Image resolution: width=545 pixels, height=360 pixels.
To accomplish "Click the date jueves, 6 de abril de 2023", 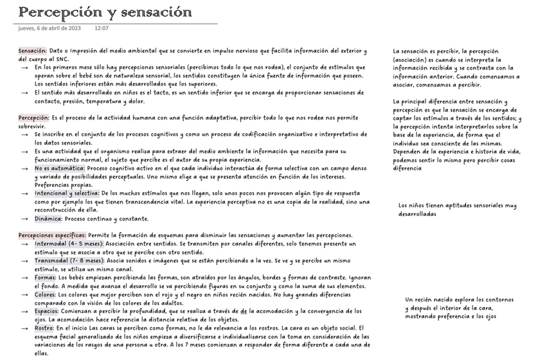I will pyautogui.click(x=49, y=28).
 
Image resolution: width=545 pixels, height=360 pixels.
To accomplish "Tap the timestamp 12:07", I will pyautogui.click(x=102, y=28).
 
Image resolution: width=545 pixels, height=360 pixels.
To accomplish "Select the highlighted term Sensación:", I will pyautogui.click(x=32, y=51).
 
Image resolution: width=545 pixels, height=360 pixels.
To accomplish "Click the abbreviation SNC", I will pyautogui.click(x=62, y=59).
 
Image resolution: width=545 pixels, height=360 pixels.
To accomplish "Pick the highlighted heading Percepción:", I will pyautogui.click(x=33, y=118).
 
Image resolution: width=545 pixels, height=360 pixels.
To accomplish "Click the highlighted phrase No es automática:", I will pyautogui.click(x=60, y=168).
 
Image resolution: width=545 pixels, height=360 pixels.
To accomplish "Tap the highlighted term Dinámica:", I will pyautogui.click(x=49, y=219).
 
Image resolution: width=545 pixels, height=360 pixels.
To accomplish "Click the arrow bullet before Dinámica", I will pyautogui.click(x=24, y=219).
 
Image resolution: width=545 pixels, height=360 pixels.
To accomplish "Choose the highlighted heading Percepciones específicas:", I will pyautogui.click(x=52, y=235).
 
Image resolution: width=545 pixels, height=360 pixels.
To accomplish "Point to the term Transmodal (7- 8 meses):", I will pyautogui.click(x=69, y=260).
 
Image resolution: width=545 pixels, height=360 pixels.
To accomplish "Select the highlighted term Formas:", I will pyautogui.click(x=46, y=277).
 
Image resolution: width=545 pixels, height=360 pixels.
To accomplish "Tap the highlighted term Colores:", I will pyautogui.click(x=46, y=294).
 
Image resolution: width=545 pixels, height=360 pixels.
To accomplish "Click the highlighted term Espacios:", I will pyautogui.click(x=47, y=310).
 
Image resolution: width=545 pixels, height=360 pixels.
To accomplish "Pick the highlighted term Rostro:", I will pyautogui.click(x=44, y=327).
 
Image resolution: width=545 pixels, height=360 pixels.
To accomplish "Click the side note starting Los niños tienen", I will pyautogui.click(x=457, y=210).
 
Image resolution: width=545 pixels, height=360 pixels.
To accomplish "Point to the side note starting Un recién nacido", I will pyautogui.click(x=459, y=308).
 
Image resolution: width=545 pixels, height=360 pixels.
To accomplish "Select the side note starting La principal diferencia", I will pyautogui.click(x=457, y=134).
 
